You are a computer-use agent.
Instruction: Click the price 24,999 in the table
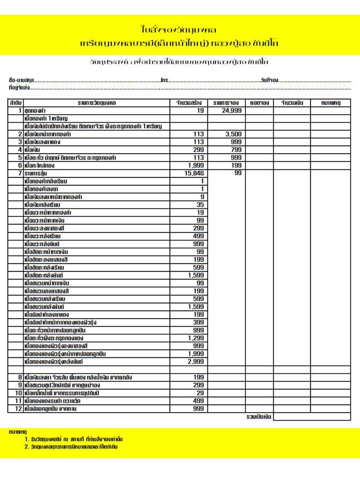(232, 111)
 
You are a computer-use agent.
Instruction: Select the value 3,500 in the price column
(233, 135)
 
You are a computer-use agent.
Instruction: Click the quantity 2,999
(195, 361)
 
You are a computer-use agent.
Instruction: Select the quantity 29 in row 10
(200, 392)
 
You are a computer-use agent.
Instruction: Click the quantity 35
(200, 205)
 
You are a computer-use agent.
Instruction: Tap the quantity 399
(198, 322)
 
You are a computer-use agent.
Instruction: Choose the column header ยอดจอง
(259, 103)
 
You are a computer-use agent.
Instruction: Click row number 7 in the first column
(19, 173)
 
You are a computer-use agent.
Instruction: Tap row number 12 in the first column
(18, 408)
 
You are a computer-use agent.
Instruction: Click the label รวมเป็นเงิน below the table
(259, 417)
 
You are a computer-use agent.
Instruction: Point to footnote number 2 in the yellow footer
(26, 447)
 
